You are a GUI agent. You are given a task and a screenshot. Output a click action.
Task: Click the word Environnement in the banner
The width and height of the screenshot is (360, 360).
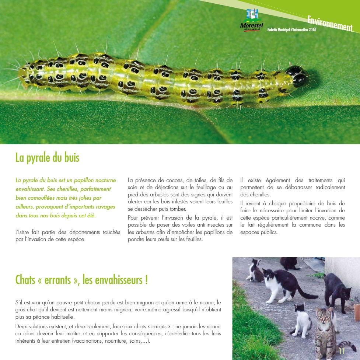(x=329, y=23)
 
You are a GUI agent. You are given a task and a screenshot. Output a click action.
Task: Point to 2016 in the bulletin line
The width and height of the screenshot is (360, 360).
(x=312, y=30)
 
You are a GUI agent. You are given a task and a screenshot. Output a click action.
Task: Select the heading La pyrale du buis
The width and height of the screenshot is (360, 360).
(x=47, y=158)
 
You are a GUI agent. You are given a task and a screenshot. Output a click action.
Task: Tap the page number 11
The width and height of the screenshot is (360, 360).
(x=342, y=351)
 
